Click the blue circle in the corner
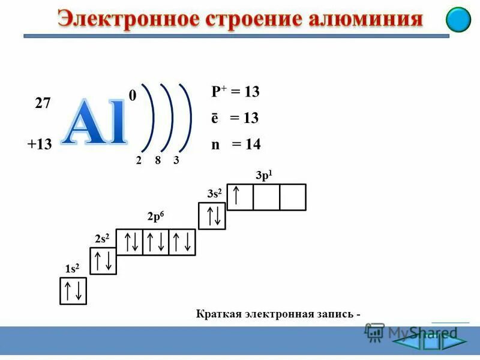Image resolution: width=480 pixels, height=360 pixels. click(458, 20)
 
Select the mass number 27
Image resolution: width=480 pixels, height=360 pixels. click(43, 103)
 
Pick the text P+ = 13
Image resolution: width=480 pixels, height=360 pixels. click(235, 92)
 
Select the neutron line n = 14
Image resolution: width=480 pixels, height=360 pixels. click(235, 144)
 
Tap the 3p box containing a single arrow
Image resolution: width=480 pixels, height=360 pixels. click(240, 197)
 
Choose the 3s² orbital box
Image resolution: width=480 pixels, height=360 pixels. click(212, 215)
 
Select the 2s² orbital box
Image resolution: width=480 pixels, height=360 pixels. click(103, 260)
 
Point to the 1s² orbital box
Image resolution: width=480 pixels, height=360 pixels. click(73, 291)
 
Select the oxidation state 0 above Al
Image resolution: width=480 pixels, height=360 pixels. click(132, 95)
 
